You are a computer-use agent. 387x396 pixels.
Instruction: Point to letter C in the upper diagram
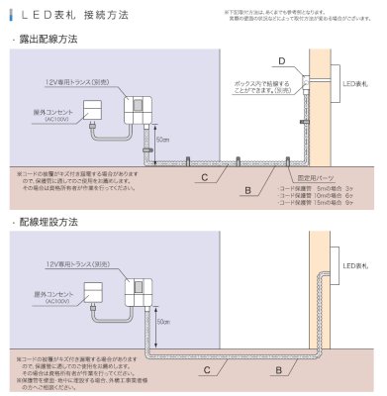click(204, 176)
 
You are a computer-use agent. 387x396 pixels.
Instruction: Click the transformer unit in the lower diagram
click(139, 290)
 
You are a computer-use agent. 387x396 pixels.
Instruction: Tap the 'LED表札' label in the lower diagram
click(355, 265)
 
